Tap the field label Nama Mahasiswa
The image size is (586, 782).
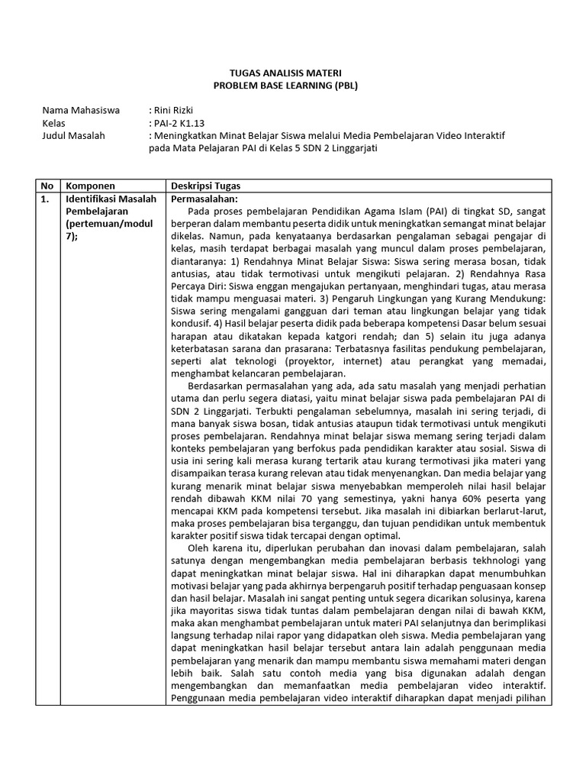click(81, 111)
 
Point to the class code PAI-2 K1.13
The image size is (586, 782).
click(180, 124)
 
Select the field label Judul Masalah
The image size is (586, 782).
click(74, 136)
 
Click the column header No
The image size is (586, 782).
click(47, 186)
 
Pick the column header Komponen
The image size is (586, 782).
click(91, 186)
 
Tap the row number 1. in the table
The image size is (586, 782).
click(46, 199)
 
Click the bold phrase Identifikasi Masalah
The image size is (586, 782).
click(111, 199)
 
